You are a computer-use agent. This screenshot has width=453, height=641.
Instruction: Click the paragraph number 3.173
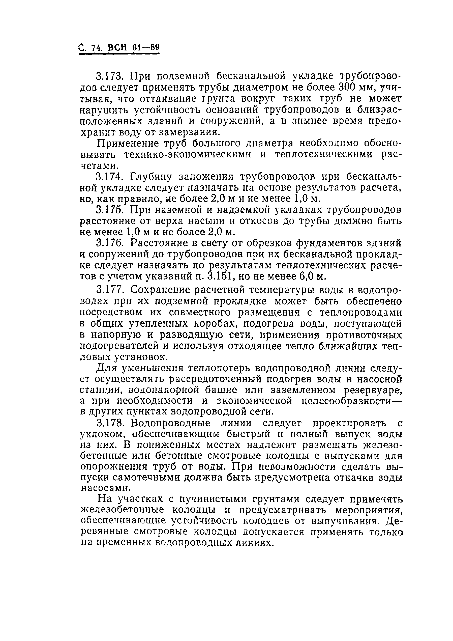point(110,76)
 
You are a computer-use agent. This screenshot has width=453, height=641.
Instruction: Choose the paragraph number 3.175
point(110,210)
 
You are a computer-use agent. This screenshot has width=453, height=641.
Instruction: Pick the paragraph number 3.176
point(110,243)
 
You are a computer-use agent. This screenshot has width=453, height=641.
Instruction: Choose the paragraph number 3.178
point(110,423)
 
